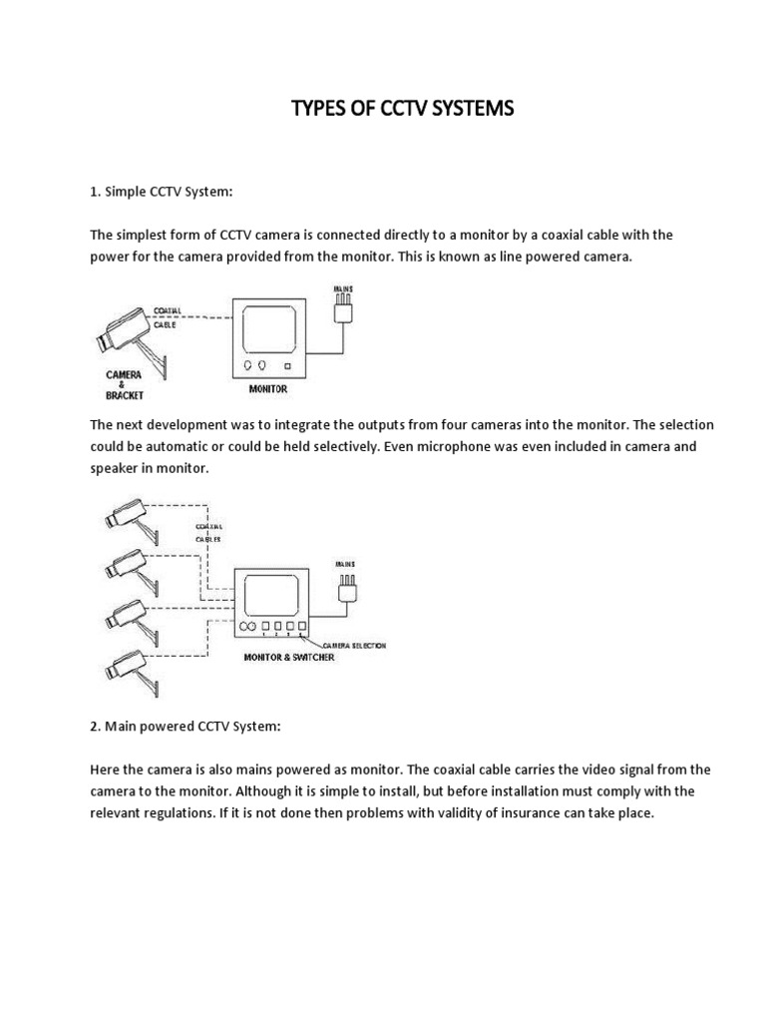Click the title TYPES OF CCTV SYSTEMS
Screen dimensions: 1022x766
pyautogui.click(x=402, y=109)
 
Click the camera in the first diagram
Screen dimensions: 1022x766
pyautogui.click(x=117, y=332)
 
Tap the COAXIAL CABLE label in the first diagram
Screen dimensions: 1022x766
pyautogui.click(x=165, y=317)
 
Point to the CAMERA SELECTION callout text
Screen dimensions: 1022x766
pyautogui.click(x=352, y=646)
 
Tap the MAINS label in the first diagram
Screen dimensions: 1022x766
pyautogui.click(x=342, y=288)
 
